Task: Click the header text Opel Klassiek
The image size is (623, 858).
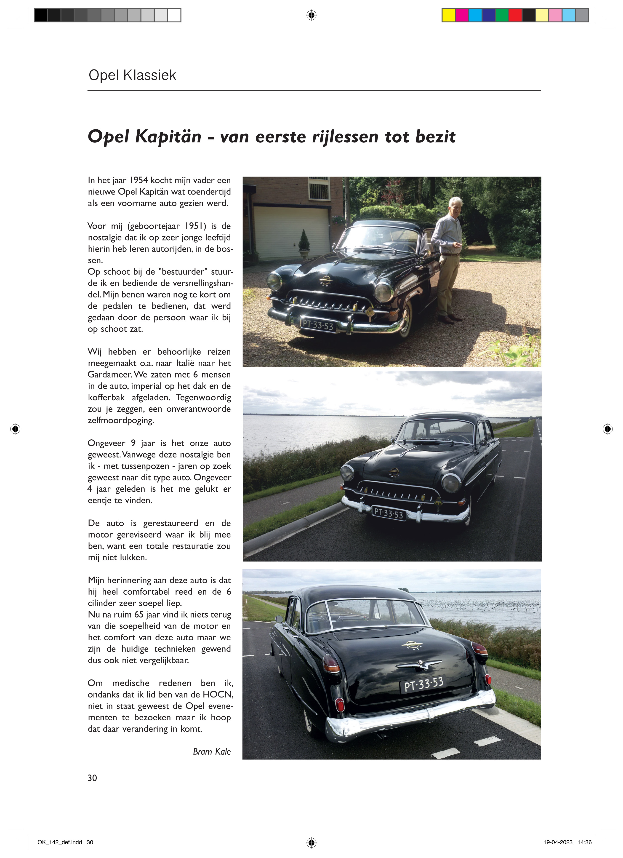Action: [132, 75]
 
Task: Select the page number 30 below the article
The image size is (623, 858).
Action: [92, 778]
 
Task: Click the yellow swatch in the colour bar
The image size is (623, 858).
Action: [449, 15]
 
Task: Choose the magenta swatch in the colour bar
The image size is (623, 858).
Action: [462, 15]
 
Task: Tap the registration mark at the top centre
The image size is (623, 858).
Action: [311, 15]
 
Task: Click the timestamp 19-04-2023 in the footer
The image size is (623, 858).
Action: [558, 842]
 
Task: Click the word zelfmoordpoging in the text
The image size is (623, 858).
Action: [121, 420]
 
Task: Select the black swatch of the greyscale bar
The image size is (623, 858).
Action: [41, 15]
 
